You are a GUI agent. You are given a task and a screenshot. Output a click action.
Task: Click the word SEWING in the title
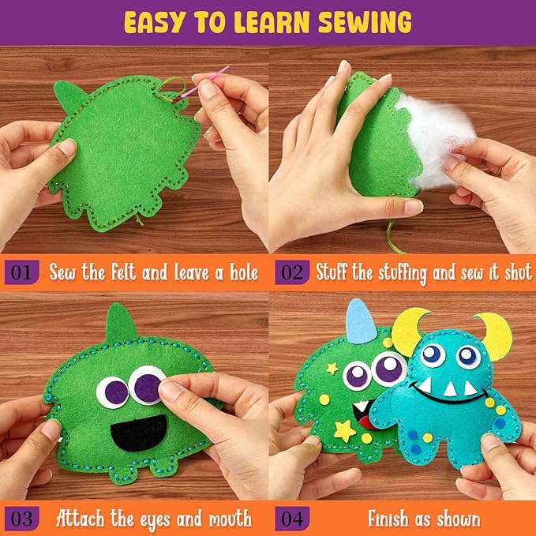click(x=365, y=23)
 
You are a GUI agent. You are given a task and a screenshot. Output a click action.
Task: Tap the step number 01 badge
click(x=21, y=272)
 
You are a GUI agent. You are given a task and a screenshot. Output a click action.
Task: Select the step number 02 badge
click(x=292, y=272)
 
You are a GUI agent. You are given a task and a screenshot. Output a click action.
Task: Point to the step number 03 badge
click(x=21, y=519)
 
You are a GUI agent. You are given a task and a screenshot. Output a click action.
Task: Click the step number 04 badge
click(x=292, y=519)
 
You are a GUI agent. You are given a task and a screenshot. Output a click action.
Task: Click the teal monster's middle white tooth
click(x=449, y=389)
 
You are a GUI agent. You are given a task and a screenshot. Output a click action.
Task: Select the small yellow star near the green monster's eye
click(x=332, y=369)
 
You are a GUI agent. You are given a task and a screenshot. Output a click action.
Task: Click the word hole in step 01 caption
click(x=243, y=272)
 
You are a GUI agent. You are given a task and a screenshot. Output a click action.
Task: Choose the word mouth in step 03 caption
click(x=230, y=519)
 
